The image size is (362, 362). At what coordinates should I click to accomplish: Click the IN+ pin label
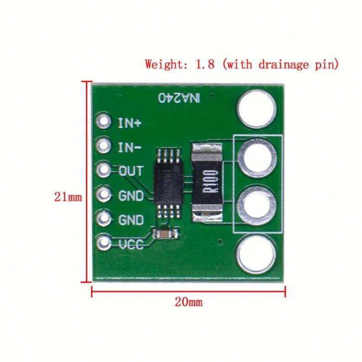(x=130, y=123)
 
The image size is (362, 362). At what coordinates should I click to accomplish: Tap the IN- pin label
(x=130, y=147)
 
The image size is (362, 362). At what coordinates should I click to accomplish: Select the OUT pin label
(x=131, y=171)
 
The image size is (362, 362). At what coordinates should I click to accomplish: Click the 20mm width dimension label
(x=188, y=302)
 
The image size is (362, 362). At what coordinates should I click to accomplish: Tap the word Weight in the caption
(x=162, y=64)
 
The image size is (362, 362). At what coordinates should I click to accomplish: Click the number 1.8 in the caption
(x=205, y=64)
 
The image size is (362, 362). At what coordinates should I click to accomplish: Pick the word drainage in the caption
(x=282, y=64)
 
